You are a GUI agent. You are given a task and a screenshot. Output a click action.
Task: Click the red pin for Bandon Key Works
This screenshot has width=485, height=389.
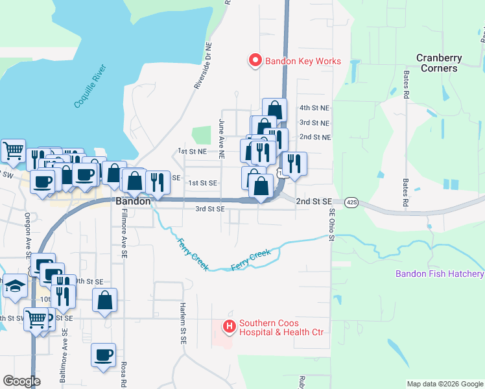tap(255, 61)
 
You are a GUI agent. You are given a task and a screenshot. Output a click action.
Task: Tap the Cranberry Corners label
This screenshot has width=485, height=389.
tap(439, 63)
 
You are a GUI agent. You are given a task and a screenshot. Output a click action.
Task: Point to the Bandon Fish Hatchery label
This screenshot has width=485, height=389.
tap(440, 274)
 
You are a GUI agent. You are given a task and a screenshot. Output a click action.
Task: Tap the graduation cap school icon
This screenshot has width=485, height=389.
tap(14, 286)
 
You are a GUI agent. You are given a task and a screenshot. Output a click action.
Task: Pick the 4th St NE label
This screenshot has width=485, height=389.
tap(314, 108)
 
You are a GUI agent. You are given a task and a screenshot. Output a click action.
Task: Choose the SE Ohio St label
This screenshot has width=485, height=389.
tap(331, 224)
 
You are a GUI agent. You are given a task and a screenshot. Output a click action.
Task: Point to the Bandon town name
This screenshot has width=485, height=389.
tap(133, 202)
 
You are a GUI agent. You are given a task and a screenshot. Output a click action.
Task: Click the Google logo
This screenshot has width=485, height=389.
tap(21, 381)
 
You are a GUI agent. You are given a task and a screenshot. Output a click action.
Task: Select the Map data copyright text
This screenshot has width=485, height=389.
tap(444, 384)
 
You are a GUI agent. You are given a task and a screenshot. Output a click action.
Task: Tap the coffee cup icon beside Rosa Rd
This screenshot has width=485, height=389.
tap(104, 355)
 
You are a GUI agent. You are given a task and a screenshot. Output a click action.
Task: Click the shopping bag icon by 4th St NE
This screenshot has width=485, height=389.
tap(274, 109)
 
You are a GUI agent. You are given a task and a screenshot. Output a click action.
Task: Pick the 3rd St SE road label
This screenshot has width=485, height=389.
tap(210, 209)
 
